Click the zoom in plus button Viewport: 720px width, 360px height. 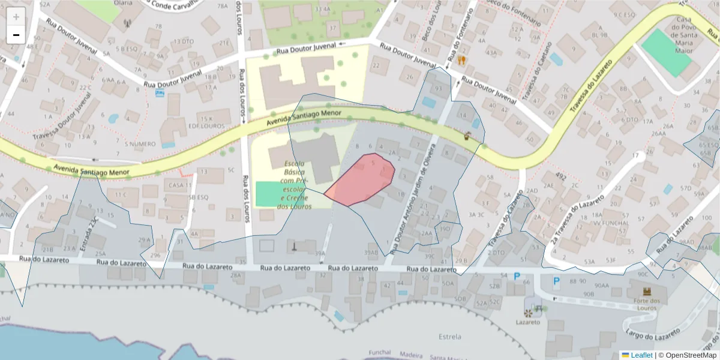click(x=16, y=17)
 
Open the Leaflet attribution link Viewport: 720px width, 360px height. click(x=637, y=355)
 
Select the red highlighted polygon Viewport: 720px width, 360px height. click(x=363, y=180)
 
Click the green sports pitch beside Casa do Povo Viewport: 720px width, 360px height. click(x=665, y=52)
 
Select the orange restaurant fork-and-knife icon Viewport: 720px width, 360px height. click(x=461, y=60)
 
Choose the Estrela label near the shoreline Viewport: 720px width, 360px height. click(x=450, y=335)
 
